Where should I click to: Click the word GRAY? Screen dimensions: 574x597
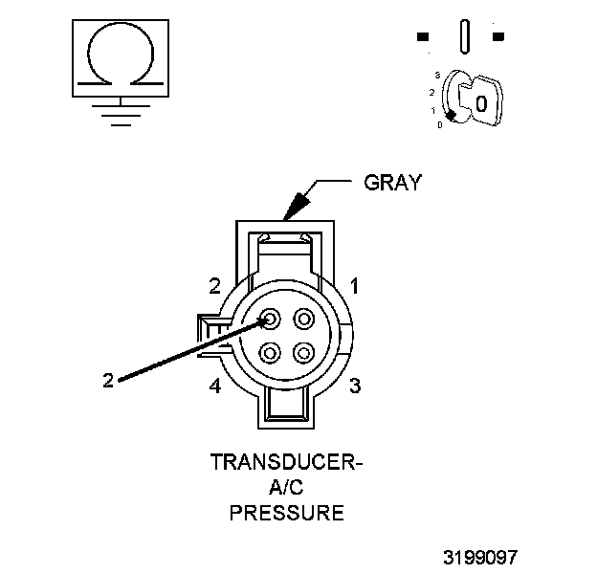click(x=392, y=183)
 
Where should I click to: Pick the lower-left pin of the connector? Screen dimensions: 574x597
click(x=270, y=351)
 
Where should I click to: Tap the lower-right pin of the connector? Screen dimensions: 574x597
click(x=304, y=351)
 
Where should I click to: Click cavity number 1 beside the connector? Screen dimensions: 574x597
click(x=354, y=285)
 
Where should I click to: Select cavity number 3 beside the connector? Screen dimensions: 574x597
click(x=354, y=386)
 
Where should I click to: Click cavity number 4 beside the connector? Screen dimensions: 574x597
click(x=216, y=386)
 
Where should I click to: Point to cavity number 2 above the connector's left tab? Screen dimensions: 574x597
click(x=216, y=285)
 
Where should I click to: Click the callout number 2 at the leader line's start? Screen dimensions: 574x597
click(x=108, y=380)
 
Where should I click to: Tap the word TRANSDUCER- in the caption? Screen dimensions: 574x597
click(x=287, y=464)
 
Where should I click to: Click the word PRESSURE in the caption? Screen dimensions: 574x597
click(x=287, y=513)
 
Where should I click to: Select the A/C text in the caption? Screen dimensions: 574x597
click(x=286, y=489)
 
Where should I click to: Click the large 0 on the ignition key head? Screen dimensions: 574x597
click(x=482, y=102)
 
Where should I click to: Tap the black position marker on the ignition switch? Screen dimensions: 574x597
click(x=449, y=115)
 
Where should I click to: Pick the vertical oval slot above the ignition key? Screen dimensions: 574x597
click(x=464, y=37)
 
